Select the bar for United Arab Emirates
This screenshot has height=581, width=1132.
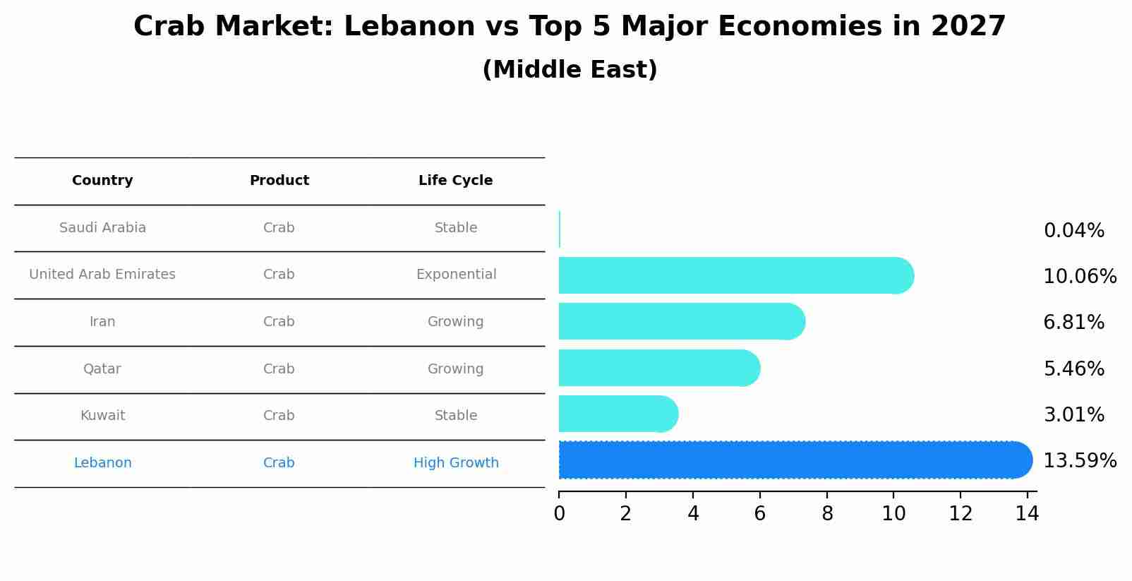[734, 275]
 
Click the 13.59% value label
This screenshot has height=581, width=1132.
[1079, 461]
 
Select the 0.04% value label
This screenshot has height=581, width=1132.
[1073, 231]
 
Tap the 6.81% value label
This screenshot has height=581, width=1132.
[1073, 323]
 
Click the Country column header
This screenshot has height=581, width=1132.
[102, 181]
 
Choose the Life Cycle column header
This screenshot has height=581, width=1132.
[455, 181]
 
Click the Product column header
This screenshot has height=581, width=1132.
[279, 181]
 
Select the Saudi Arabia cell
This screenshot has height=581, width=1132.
[102, 228]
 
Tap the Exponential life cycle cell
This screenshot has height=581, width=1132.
[456, 275]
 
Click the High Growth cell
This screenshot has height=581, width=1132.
[456, 463]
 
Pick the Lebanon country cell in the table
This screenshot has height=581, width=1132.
[102, 463]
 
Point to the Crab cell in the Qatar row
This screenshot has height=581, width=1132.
[279, 369]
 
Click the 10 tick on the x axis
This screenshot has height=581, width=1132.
[893, 514]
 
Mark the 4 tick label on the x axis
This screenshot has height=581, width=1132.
[693, 514]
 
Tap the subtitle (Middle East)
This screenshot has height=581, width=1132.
[570, 70]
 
